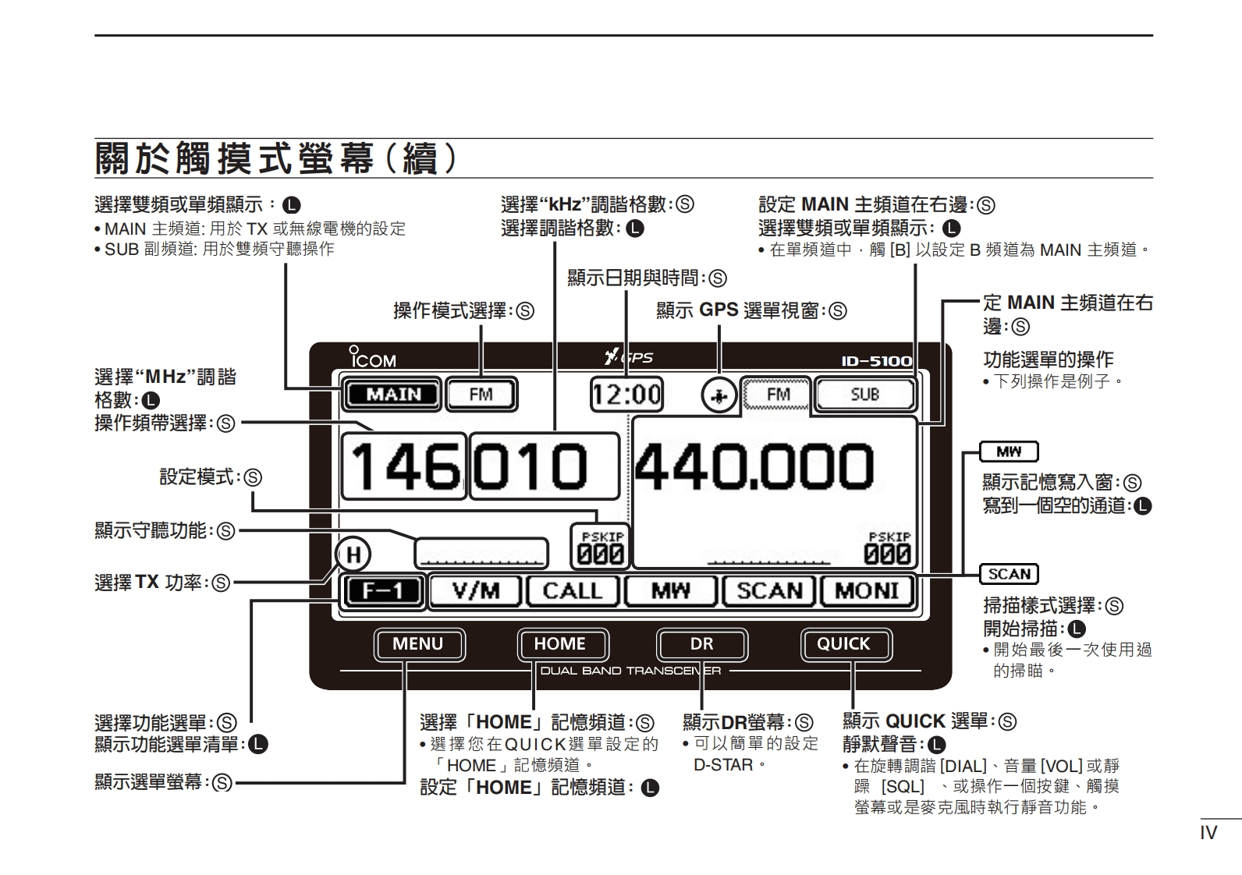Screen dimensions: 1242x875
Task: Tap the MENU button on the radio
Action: (418, 644)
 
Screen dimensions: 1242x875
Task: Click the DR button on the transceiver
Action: (701, 644)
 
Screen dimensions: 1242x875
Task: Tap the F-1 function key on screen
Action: (383, 591)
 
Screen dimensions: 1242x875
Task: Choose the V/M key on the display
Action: (476, 591)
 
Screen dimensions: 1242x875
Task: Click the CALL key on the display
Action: (573, 591)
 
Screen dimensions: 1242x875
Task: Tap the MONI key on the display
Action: (867, 591)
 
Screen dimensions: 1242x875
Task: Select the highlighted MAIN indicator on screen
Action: (392, 395)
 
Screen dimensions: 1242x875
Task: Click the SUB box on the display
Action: (864, 395)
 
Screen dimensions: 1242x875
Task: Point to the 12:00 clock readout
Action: (626, 395)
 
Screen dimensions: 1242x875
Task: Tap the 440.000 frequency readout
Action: (754, 467)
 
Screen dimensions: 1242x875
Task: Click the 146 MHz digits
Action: (403, 467)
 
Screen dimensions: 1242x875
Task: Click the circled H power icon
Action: (353, 555)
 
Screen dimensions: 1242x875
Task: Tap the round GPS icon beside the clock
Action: (719, 396)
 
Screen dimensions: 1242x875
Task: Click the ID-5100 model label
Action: (876, 361)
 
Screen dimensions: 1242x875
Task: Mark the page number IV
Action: (1208, 833)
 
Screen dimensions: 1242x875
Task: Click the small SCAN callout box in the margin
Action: (1009, 575)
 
